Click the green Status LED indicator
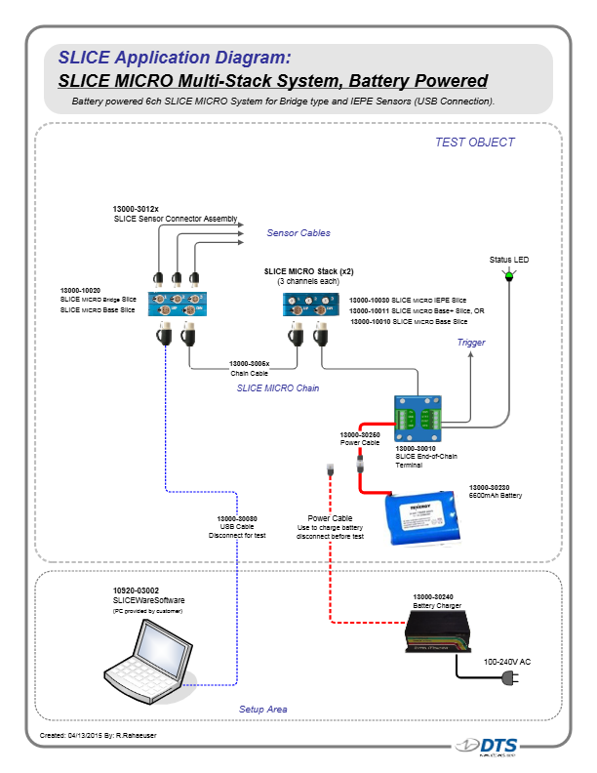[x=508, y=277]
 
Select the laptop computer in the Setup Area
[x=153, y=653]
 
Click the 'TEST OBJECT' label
[x=474, y=142]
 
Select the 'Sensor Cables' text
[x=298, y=233]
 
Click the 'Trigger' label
[x=471, y=343]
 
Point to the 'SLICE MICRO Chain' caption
[x=279, y=388]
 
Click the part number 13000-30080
[x=237, y=518]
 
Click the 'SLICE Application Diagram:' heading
[x=174, y=56]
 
